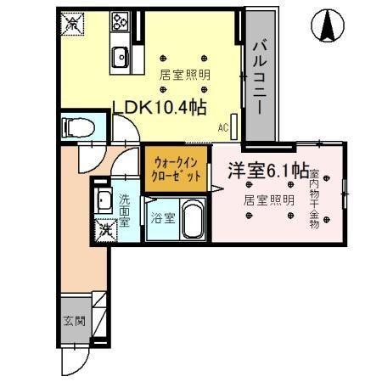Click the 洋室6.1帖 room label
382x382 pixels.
click(x=267, y=171)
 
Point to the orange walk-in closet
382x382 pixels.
click(x=176, y=170)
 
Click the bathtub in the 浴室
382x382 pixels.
click(x=192, y=221)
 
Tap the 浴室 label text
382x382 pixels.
click(x=163, y=218)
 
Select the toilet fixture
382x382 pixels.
click(x=76, y=128)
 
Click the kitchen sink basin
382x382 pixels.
click(x=119, y=59)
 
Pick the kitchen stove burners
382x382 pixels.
click(x=119, y=20)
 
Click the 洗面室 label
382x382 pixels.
click(x=125, y=210)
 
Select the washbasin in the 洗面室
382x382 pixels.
click(x=103, y=202)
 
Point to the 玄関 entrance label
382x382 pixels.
click(x=73, y=321)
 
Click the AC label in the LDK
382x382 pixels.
click(x=224, y=128)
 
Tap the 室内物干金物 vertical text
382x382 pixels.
click(x=313, y=199)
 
